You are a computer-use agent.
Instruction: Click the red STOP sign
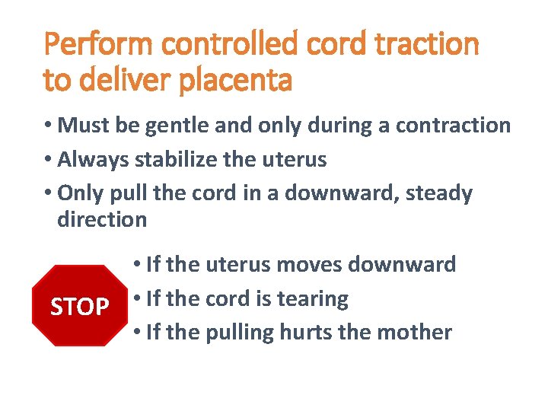tap(78, 306)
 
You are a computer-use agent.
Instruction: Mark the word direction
tap(102, 220)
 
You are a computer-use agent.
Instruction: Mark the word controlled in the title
tap(230, 44)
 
